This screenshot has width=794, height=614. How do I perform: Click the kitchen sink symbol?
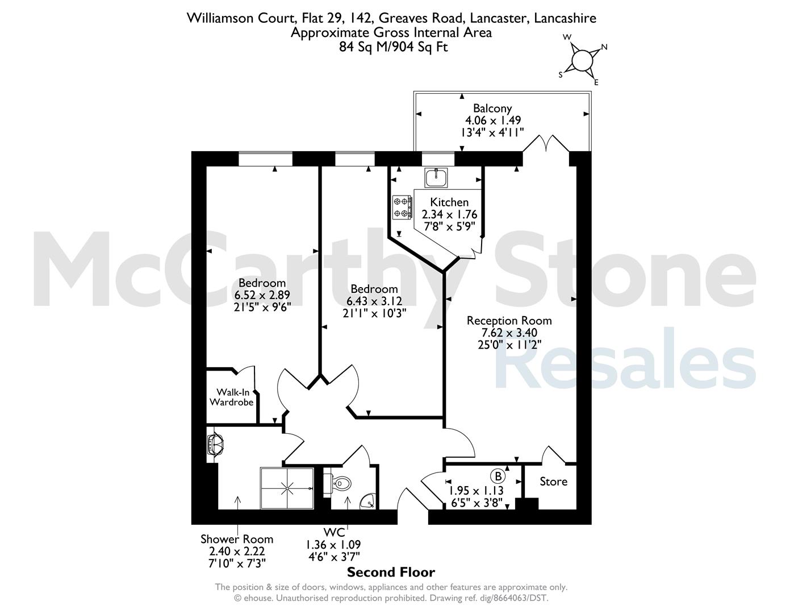pos(436,178)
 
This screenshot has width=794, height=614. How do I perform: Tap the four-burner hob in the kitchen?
pos(403,208)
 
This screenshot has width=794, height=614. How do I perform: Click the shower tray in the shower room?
pos(287,488)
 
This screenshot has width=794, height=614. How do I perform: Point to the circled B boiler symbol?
pos(498,476)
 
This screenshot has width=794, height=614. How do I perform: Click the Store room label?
pos(554,482)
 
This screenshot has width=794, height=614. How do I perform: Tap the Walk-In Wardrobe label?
pos(231,397)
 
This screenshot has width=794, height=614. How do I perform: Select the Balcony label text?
pos(492,108)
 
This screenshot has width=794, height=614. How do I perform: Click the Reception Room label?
pos(509,321)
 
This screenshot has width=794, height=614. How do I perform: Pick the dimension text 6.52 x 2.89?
pos(262,294)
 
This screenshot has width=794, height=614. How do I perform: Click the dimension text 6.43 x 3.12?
pos(374,301)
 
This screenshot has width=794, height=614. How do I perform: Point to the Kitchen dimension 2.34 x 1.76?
pos(449,214)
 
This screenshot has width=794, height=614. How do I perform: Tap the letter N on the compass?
pos(604,47)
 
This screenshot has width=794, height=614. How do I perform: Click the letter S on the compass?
pos(561,75)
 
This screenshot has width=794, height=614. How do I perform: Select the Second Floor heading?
pos(391,572)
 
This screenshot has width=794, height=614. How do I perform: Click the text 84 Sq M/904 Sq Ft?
pos(393,47)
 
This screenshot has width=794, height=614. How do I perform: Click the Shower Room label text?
pos(237,539)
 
